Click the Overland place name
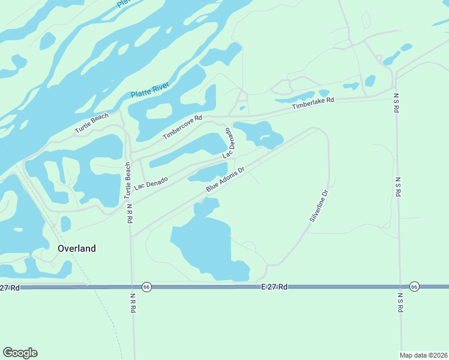[x=76, y=248]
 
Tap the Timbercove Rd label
[x=183, y=127]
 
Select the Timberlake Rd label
[x=313, y=103]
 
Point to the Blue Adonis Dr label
[x=226, y=180]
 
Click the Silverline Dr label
[x=319, y=206]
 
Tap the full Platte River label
[x=150, y=91]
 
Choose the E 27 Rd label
[x=275, y=288]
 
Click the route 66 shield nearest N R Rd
[x=147, y=287]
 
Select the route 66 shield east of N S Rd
[x=414, y=287]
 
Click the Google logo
[x=20, y=353]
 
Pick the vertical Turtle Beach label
[x=127, y=181]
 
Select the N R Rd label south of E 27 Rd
[x=134, y=302]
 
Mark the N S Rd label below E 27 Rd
[x=400, y=302]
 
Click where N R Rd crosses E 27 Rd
[x=131, y=288]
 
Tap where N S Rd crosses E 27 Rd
[x=399, y=287]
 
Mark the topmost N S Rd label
[x=397, y=103]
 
